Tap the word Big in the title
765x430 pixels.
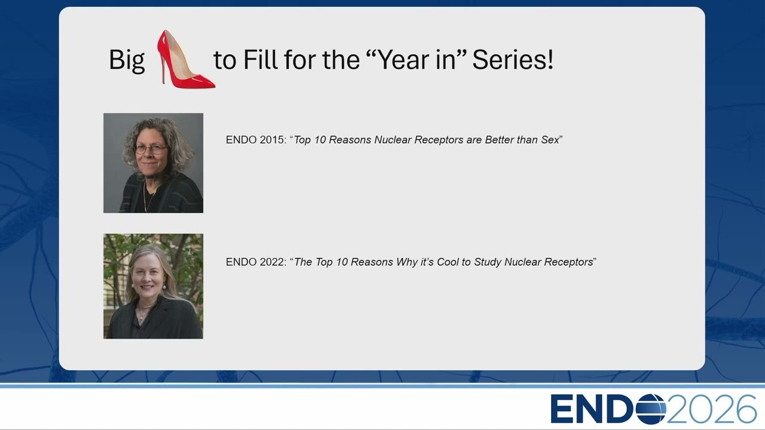tap(127, 60)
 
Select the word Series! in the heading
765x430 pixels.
tap(513, 60)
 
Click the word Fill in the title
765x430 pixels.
tap(260, 60)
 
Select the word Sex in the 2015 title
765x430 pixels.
tap(550, 140)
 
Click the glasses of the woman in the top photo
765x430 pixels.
tap(150, 149)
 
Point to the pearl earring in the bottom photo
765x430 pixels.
tap(164, 287)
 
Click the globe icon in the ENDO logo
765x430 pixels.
tap(651, 409)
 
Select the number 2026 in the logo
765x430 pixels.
tap(711, 409)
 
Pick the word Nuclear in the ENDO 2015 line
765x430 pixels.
tap(393, 140)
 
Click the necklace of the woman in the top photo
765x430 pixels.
tap(148, 197)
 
